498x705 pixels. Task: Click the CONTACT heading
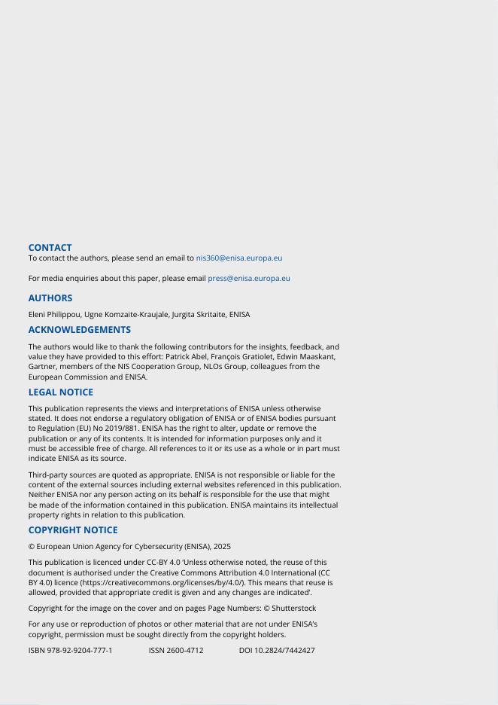[x=50, y=247]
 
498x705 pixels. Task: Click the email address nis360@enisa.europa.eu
[x=239, y=258]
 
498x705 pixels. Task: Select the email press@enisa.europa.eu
[x=248, y=278]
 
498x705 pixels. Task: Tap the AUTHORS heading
[x=50, y=298]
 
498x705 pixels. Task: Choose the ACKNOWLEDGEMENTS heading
[x=79, y=329]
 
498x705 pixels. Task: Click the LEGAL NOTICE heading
[x=61, y=392]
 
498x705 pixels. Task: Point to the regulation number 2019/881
[x=116, y=429]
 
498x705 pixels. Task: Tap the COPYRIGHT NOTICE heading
[x=73, y=530]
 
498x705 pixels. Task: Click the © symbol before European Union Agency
[x=31, y=546]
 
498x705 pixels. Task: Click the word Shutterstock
[x=294, y=608]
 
